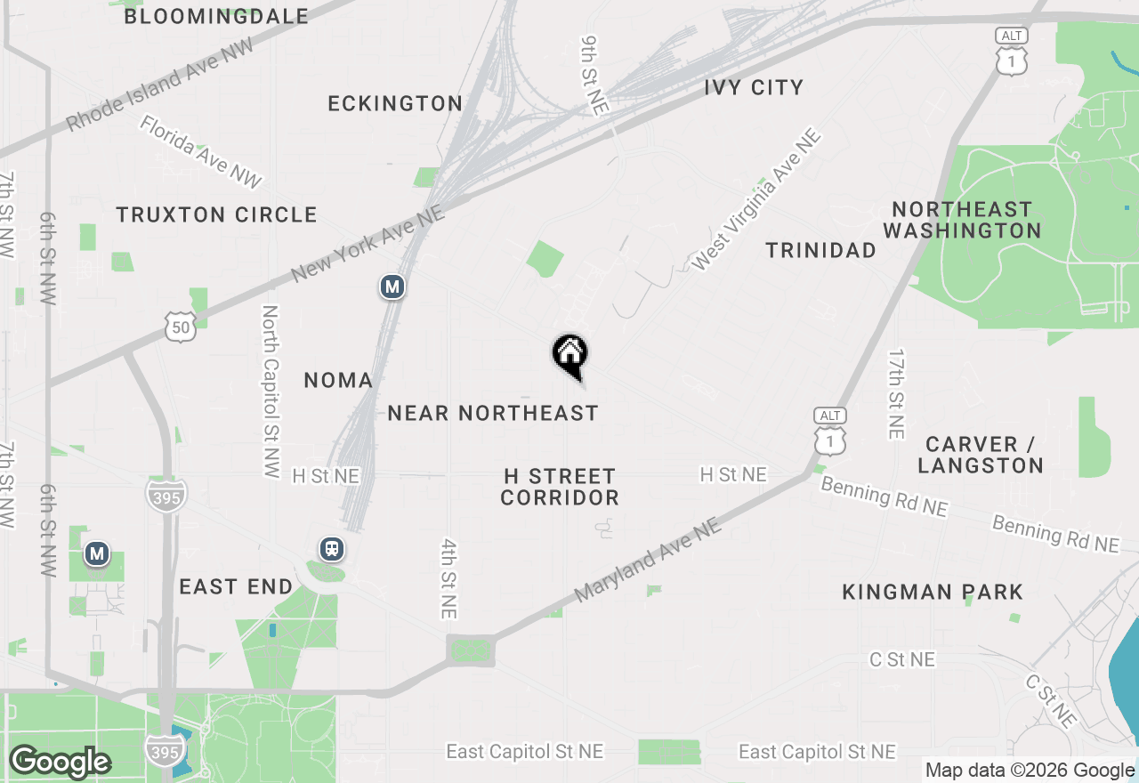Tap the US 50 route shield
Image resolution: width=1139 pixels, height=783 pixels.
click(180, 327)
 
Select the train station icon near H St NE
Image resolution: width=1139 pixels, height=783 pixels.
click(332, 549)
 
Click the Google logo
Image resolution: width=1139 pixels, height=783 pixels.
click(60, 763)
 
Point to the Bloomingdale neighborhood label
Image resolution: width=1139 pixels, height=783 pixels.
click(216, 16)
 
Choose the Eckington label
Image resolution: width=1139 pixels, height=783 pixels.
click(395, 103)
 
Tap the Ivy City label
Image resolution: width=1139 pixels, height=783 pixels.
click(754, 87)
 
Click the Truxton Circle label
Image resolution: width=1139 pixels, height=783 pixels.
click(216, 214)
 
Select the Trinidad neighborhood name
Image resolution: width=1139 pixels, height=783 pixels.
click(821, 250)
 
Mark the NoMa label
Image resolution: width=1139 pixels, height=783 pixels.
click(338, 381)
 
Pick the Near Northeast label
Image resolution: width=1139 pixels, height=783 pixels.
click(492, 413)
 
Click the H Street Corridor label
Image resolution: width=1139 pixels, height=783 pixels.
click(559, 487)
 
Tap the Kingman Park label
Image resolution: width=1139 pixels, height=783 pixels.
click(933, 592)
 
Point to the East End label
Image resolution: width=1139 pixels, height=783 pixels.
click(236, 586)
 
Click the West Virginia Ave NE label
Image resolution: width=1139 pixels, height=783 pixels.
click(756, 200)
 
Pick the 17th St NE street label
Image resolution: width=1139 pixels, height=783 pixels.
click(895, 392)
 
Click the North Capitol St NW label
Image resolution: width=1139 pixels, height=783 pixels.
click(271, 392)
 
